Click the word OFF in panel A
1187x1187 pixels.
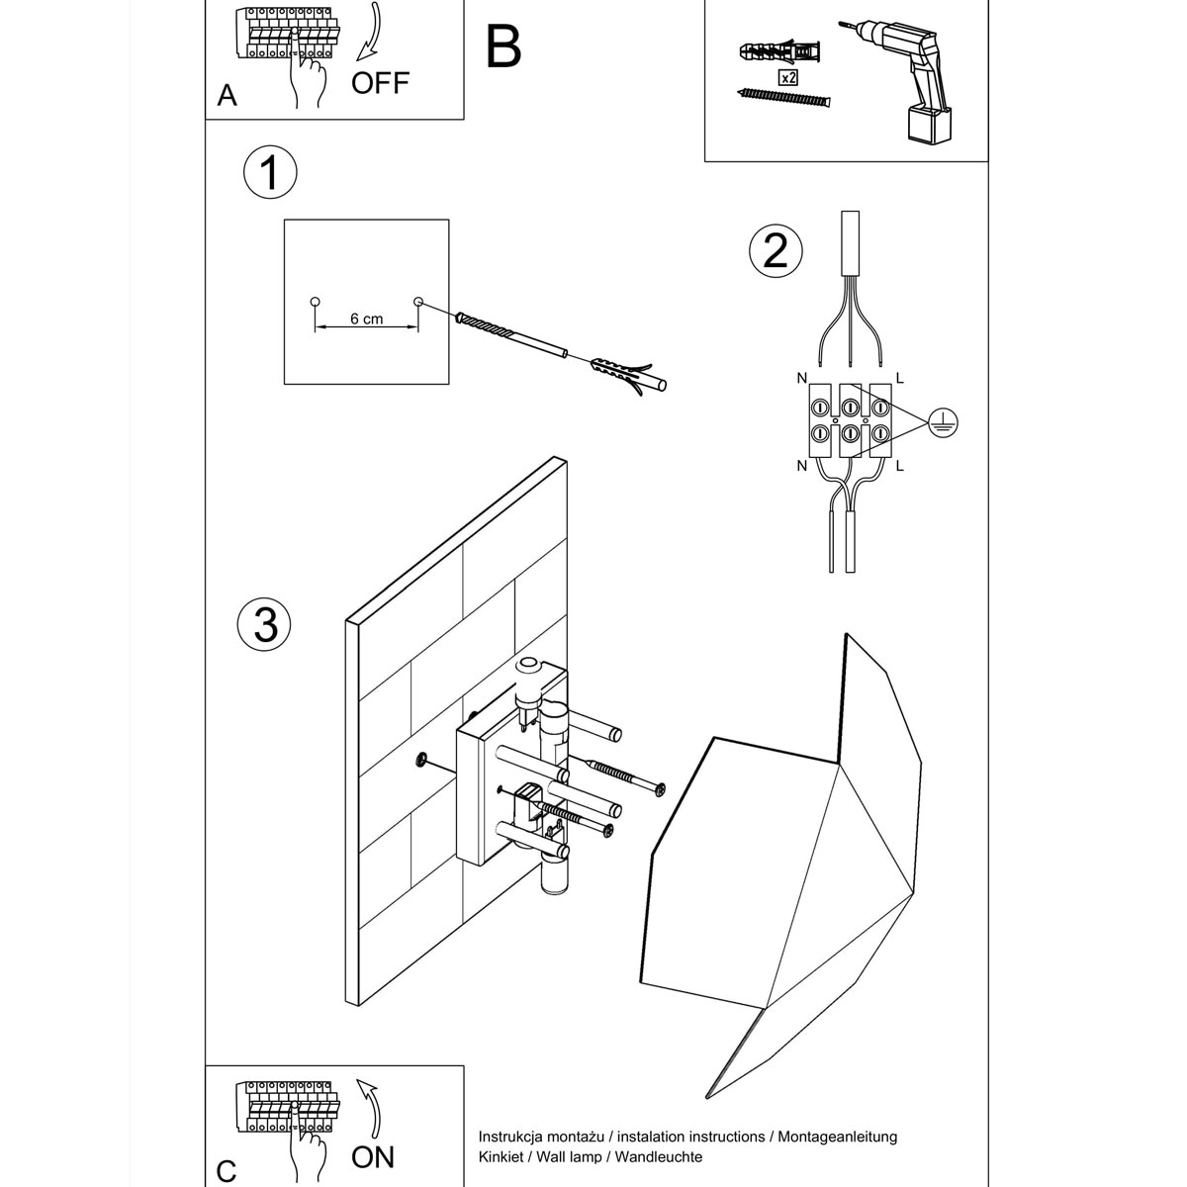pyautogui.click(x=380, y=83)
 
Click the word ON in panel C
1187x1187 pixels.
pyautogui.click(x=373, y=1156)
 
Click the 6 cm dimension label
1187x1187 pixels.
pyautogui.click(x=366, y=320)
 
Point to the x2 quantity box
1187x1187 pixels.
pyautogui.click(x=788, y=76)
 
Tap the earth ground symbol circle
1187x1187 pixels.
pyautogui.click(x=944, y=423)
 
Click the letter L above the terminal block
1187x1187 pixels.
pyautogui.click(x=898, y=377)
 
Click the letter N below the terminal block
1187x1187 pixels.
pyautogui.click(x=800, y=465)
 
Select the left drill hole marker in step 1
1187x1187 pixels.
pyautogui.click(x=315, y=301)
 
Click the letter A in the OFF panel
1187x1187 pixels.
pyautogui.click(x=228, y=96)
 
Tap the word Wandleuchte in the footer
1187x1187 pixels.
pyautogui.click(x=659, y=1156)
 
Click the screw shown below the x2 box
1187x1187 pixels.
pyautogui.click(x=785, y=99)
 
